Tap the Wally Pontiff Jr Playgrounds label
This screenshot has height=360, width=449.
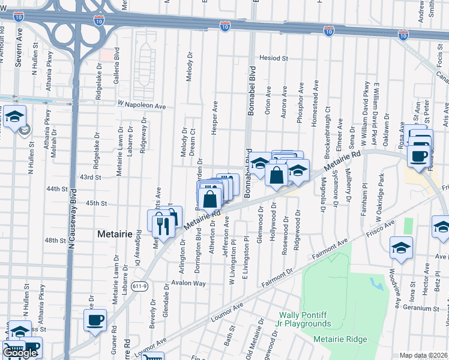click(x=306, y=319)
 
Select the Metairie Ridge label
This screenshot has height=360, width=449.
click(x=340, y=340)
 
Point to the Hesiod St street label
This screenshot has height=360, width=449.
click(x=274, y=58)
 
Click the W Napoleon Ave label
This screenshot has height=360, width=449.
click(x=142, y=105)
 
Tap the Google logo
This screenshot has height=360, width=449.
click(x=20, y=353)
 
